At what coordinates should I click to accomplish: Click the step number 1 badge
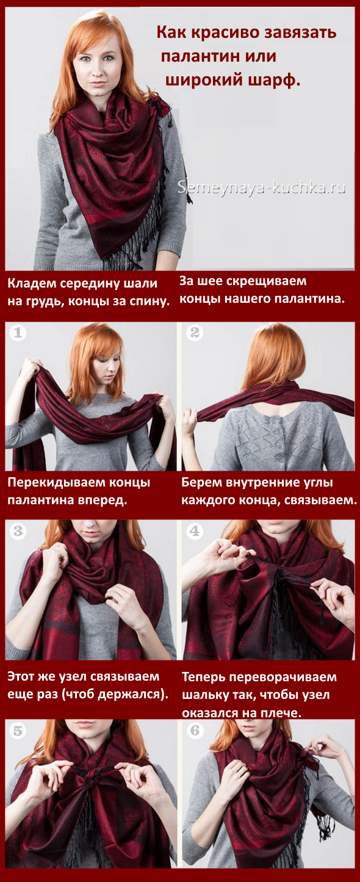point(18,333)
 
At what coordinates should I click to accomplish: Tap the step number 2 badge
point(195,333)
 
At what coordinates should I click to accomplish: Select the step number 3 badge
point(18,531)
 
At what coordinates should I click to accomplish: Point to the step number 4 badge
point(195,531)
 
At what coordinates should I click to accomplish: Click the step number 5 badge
point(18,731)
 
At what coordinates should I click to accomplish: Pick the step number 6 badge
point(195,731)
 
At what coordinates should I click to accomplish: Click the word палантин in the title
point(199,56)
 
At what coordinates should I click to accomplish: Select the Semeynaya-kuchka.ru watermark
point(261,187)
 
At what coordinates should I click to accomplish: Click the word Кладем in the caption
point(31,283)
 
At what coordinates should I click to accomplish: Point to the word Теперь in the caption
point(203,678)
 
